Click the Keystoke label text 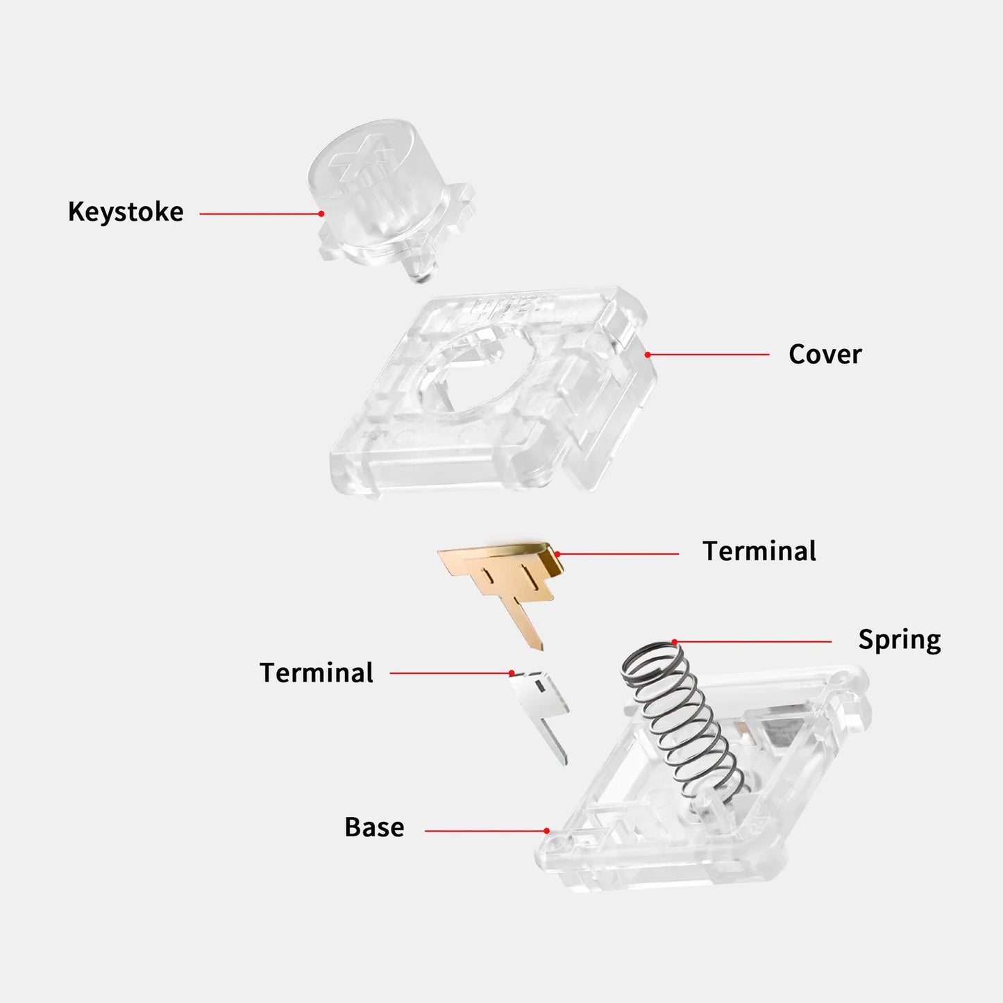[126, 212]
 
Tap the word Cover [825, 355]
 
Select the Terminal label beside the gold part [759, 551]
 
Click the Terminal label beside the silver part [317, 673]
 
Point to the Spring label [900, 640]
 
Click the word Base [374, 827]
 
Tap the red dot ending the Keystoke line [321, 213]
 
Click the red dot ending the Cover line [648, 355]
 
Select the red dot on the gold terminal [557, 555]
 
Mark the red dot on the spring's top [675, 642]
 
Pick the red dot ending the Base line [546, 831]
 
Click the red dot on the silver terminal [512, 673]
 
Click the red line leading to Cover [709, 355]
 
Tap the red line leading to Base [486, 831]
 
